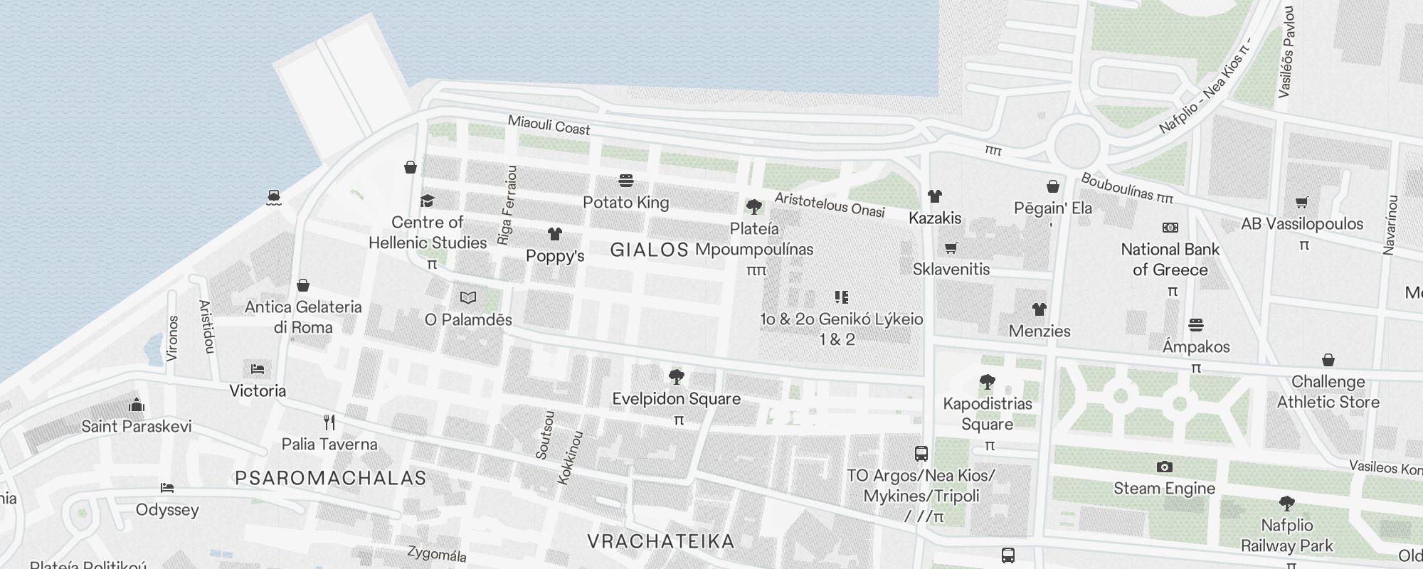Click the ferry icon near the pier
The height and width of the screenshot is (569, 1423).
tap(274, 197)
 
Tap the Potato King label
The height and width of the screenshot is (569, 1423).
tap(625, 203)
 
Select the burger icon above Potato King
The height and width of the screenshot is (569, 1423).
tap(626, 181)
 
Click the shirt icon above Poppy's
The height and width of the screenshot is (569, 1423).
tap(555, 234)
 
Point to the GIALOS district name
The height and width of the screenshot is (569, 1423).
tap(650, 250)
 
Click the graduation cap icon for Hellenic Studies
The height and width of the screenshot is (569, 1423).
tap(427, 201)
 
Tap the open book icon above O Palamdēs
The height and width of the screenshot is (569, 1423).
tap(468, 298)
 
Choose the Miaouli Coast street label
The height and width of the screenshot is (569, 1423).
tap(549, 125)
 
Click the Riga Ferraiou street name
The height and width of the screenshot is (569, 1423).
tap(507, 206)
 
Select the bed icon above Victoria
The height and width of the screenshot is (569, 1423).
tap(258, 368)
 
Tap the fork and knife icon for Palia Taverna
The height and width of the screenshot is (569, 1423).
tap(329, 422)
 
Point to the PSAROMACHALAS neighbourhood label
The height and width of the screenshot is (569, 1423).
tap(331, 478)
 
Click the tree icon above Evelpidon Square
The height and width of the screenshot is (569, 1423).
tap(677, 377)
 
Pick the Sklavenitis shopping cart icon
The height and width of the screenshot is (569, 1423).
tap(951, 248)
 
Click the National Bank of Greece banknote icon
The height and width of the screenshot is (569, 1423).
tap(1170, 228)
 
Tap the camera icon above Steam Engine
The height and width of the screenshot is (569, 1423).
tap(1165, 467)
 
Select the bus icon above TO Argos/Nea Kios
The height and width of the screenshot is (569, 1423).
tap(921, 453)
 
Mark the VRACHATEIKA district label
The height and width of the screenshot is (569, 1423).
tap(661, 541)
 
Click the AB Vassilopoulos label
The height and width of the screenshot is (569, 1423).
tap(1302, 224)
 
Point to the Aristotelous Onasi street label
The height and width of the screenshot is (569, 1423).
tap(830, 205)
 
